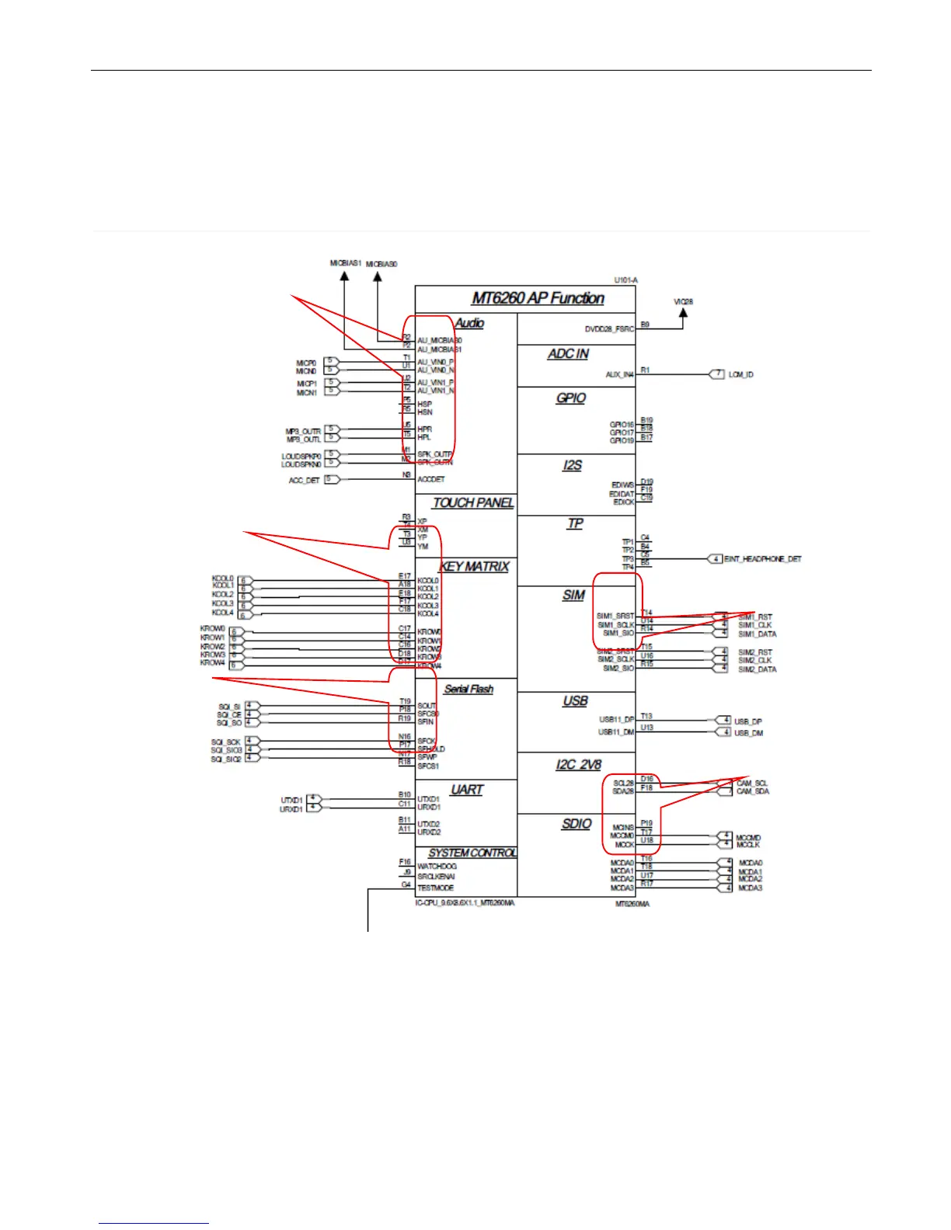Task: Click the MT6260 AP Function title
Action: click(x=538, y=299)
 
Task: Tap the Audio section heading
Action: click(x=469, y=323)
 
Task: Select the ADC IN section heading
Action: click(x=568, y=354)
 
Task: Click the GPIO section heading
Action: click(x=571, y=398)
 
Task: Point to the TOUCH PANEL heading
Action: click(x=473, y=503)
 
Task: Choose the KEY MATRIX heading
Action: click(x=475, y=567)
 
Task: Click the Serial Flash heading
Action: click(x=469, y=689)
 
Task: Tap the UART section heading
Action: click(x=467, y=790)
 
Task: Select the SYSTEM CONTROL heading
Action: click(x=472, y=853)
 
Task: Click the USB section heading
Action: click(x=575, y=701)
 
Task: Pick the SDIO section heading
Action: click(x=577, y=824)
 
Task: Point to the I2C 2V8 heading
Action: click(x=578, y=765)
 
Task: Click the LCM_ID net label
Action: click(x=740, y=375)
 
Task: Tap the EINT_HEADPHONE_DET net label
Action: click(x=762, y=559)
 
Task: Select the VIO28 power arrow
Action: click(x=683, y=313)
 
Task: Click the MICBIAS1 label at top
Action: click(x=346, y=263)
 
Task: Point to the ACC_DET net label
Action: click(x=305, y=481)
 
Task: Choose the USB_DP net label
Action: click(x=748, y=721)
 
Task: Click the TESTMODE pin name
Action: click(x=435, y=888)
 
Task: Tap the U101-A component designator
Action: click(x=625, y=280)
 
